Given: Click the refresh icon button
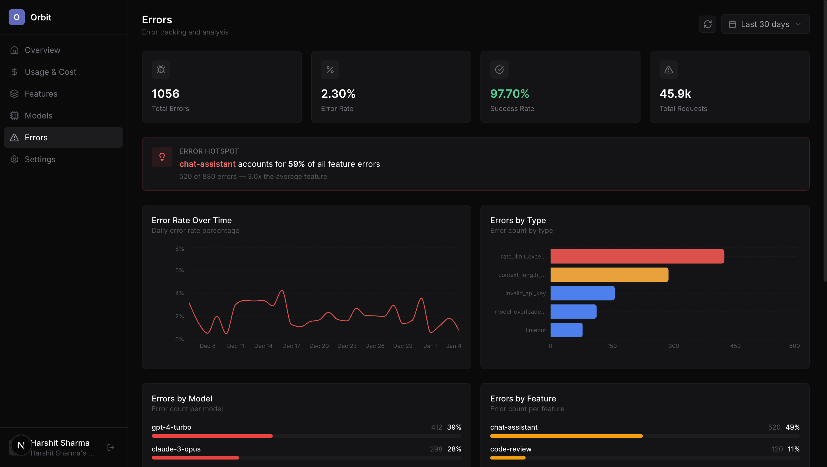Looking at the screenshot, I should (707, 24).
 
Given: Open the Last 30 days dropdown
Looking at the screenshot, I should (765, 24).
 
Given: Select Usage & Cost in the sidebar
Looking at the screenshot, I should (50, 72).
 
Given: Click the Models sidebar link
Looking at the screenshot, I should (39, 116).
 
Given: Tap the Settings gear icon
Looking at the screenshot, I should (14, 159).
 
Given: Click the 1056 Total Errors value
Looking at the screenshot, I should (165, 94).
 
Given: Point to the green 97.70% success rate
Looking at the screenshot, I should (509, 94).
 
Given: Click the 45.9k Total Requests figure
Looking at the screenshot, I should (675, 94).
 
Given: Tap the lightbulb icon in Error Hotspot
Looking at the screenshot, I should (162, 157).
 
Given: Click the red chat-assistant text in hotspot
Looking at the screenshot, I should (207, 164).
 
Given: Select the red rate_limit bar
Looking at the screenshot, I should (637, 256).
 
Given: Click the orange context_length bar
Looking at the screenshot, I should (609, 275).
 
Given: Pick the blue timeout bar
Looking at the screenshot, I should (566, 330).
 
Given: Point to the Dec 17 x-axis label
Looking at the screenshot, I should (291, 346).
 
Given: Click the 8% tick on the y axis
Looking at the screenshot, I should (180, 248).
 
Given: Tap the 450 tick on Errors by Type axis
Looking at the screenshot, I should (735, 346).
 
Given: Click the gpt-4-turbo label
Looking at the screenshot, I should (172, 427).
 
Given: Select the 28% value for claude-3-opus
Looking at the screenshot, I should (454, 449).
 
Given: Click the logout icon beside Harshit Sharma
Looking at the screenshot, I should (111, 447).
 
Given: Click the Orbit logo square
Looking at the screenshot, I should (16, 17).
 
